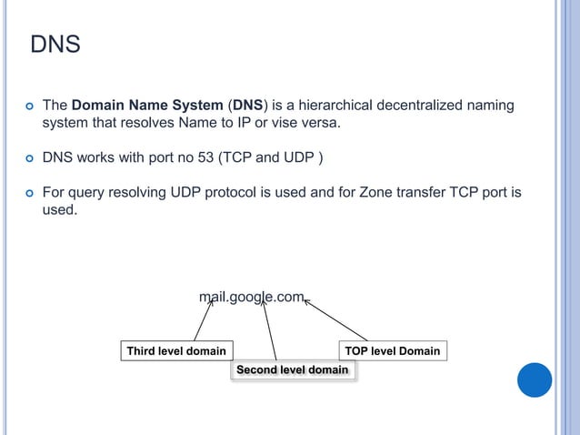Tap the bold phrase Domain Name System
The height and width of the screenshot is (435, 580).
pyautogui.click(x=145, y=107)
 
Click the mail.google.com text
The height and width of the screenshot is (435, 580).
pyautogui.click(x=252, y=296)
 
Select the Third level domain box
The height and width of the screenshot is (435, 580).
pyautogui.click(x=176, y=350)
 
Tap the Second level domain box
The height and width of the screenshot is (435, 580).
pyautogui.click(x=292, y=370)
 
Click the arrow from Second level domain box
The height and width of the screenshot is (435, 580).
pyautogui.click(x=268, y=329)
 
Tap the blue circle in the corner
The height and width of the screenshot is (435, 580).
pyautogui.click(x=534, y=379)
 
